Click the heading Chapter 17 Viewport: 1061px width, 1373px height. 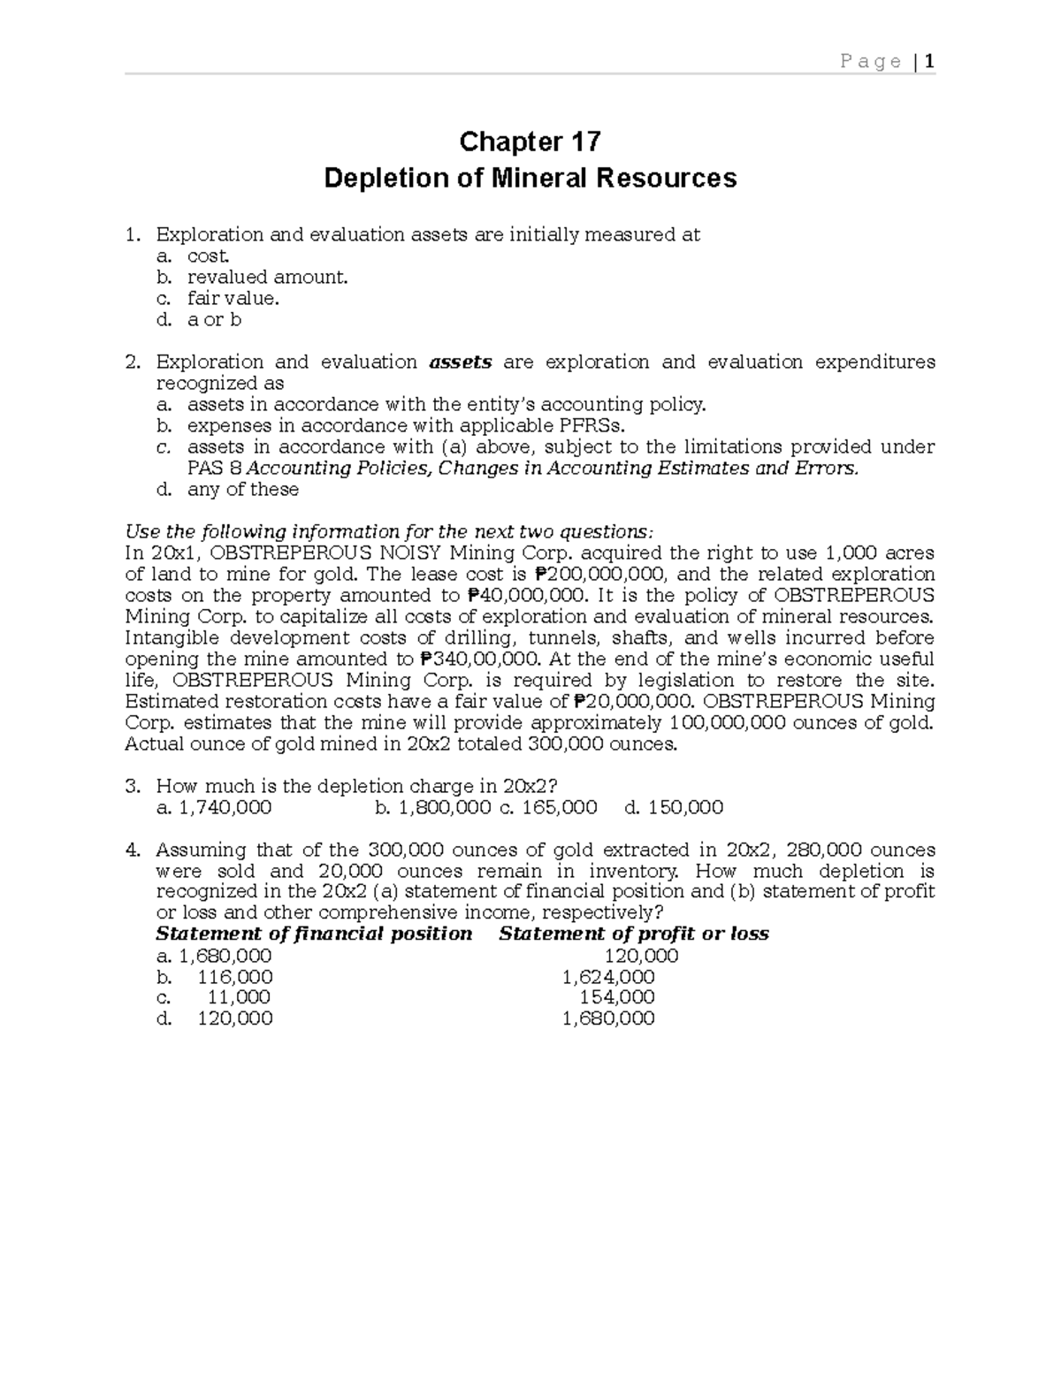[530, 141]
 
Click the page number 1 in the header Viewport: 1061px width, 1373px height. [929, 61]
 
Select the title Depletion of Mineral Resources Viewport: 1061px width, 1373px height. [530, 179]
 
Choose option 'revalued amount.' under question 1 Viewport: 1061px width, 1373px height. [267, 278]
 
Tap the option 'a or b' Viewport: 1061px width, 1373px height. [214, 320]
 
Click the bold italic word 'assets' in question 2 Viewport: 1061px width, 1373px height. [460, 362]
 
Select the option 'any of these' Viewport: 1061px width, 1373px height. [242, 490]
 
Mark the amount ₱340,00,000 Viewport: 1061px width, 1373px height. [477, 660]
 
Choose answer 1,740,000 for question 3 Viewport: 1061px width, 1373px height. [225, 808]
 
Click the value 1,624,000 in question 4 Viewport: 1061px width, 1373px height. [608, 977]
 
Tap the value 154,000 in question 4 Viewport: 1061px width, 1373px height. [616, 997]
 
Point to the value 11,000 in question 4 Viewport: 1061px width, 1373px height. [239, 997]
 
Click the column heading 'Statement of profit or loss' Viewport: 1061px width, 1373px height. [633, 934]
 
